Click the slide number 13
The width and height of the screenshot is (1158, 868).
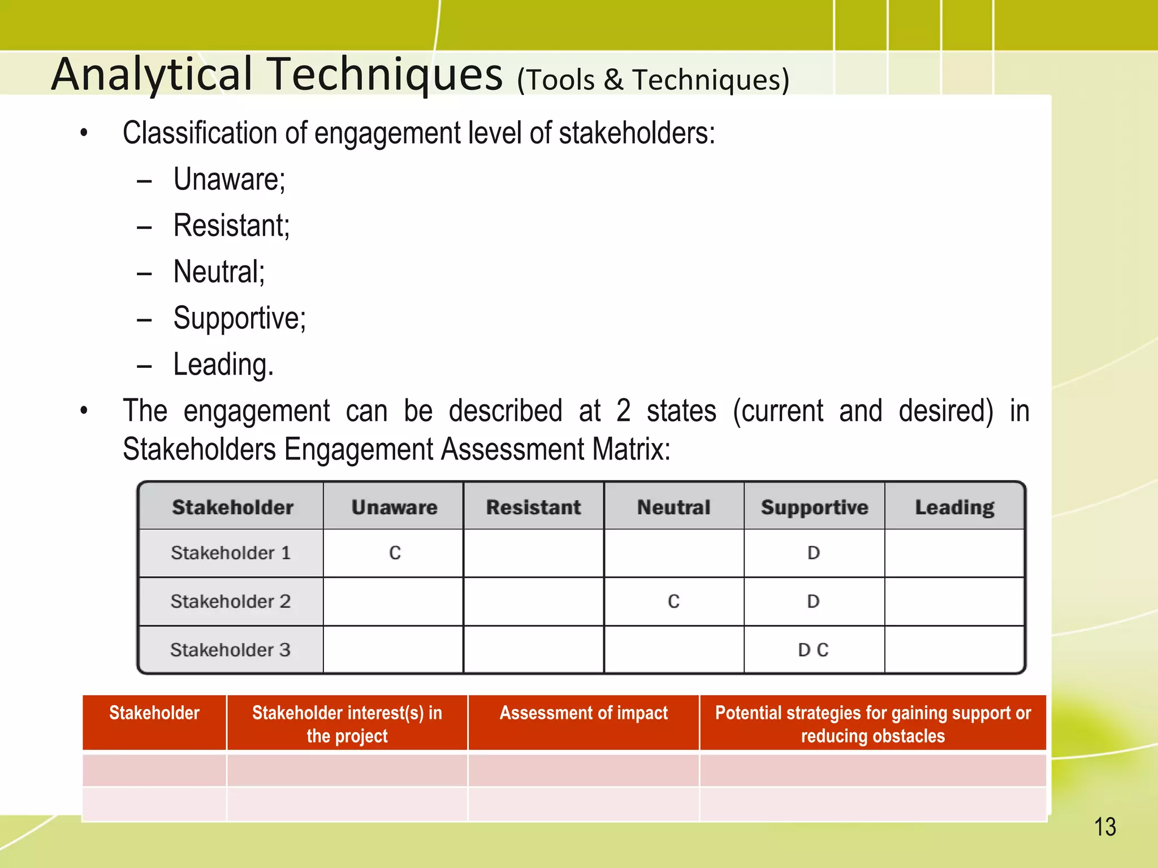click(1105, 827)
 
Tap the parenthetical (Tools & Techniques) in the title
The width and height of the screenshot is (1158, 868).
click(653, 80)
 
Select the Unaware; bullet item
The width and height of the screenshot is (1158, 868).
click(229, 180)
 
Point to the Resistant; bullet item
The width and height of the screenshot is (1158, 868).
click(231, 226)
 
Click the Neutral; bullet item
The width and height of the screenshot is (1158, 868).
click(219, 272)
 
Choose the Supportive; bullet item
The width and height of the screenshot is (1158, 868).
click(239, 318)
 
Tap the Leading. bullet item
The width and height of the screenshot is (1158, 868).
click(223, 364)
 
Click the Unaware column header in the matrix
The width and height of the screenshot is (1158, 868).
click(394, 507)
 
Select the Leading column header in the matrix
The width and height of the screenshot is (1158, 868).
click(954, 507)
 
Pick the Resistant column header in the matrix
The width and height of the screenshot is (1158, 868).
click(533, 507)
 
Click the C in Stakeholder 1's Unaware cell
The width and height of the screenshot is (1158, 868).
click(395, 553)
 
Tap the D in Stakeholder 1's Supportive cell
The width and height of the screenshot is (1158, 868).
click(813, 553)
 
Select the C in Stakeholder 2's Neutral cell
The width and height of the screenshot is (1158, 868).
click(673, 601)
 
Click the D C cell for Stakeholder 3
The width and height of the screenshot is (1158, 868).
click(813, 650)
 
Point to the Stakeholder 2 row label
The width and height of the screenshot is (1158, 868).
click(231, 601)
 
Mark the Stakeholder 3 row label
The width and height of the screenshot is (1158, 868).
click(231, 650)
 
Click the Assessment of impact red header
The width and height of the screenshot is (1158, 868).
click(584, 713)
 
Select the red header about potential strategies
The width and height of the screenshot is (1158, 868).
click(872, 724)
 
